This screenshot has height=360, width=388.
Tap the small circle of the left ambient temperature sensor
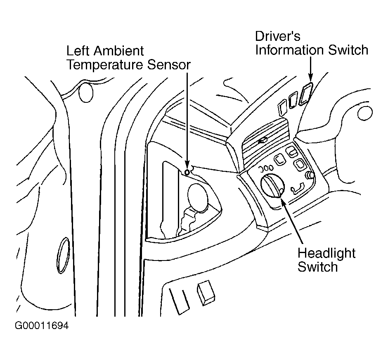pos(187,172)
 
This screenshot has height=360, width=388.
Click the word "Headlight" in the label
pos(326,253)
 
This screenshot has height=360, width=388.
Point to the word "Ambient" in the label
pos(120,51)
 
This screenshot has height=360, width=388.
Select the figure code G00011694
pos(42,326)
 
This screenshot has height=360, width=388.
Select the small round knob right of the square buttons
pos(309,176)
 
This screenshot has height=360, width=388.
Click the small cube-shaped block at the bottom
pos(206,293)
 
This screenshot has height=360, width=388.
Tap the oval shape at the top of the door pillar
pos(86,93)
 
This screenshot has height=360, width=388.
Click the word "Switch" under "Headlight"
pos(317,267)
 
